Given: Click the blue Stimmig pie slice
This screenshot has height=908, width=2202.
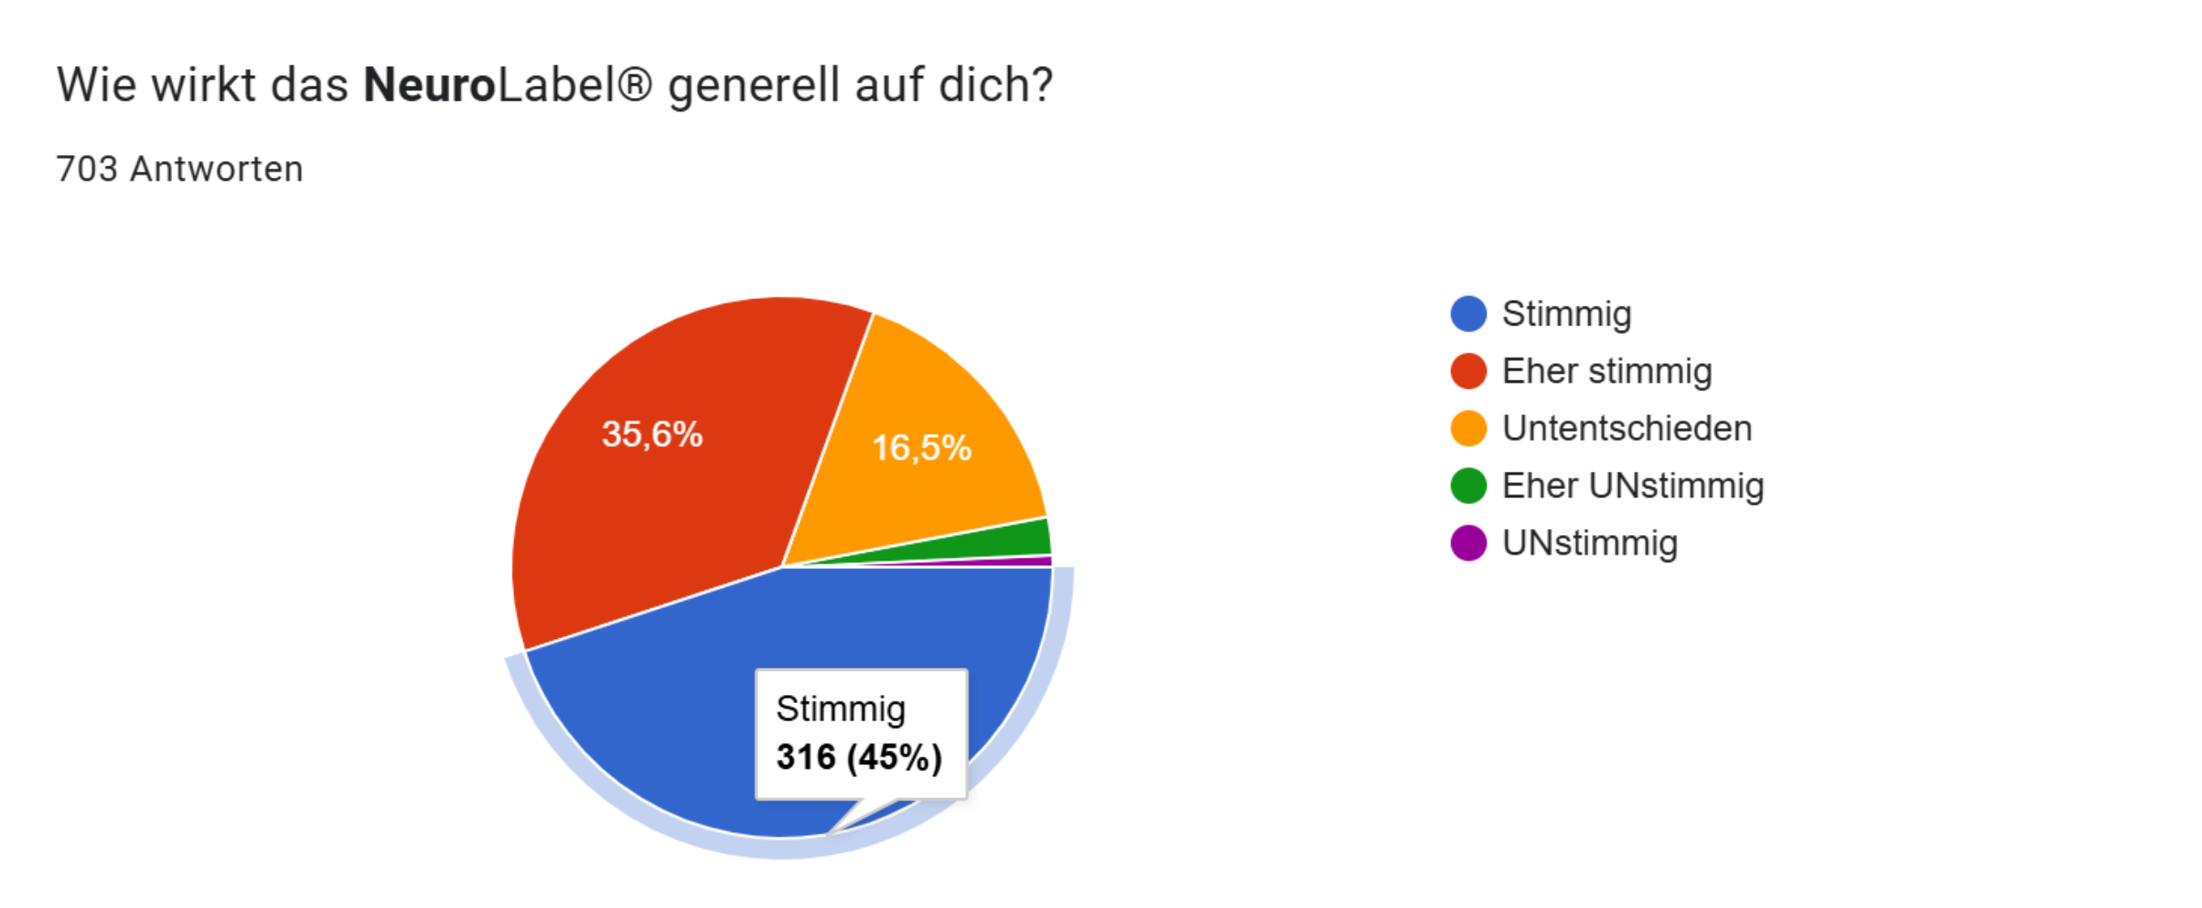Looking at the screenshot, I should click(x=659, y=704).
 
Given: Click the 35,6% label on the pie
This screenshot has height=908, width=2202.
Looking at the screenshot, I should click(x=651, y=434).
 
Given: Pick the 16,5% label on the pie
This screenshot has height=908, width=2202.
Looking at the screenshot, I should click(x=921, y=448).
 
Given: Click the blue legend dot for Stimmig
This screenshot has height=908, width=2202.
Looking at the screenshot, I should click(x=1468, y=314).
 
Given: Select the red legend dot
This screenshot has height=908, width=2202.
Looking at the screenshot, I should click(x=1468, y=371).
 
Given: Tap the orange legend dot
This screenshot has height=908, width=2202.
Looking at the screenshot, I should click(x=1468, y=428).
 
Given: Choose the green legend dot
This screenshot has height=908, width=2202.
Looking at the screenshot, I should click(x=1468, y=486).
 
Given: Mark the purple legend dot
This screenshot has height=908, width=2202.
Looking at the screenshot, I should click(x=1468, y=543).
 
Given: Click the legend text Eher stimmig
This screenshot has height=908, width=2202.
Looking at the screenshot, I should click(x=1606, y=371).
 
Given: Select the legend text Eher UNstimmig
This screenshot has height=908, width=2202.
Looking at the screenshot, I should click(x=1632, y=486).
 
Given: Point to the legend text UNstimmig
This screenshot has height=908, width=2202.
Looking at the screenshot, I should click(x=1590, y=543).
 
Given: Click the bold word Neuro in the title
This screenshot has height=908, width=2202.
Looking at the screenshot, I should click(x=429, y=85).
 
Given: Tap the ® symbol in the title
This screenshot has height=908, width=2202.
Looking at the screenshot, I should click(x=634, y=85).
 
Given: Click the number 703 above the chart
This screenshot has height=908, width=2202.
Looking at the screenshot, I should click(x=87, y=169).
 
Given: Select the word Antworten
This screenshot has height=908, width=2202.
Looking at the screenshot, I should click(x=216, y=169).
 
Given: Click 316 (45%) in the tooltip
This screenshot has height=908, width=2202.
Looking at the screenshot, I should click(x=859, y=757).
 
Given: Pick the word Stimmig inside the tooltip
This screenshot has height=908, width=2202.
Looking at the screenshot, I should click(x=841, y=709).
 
